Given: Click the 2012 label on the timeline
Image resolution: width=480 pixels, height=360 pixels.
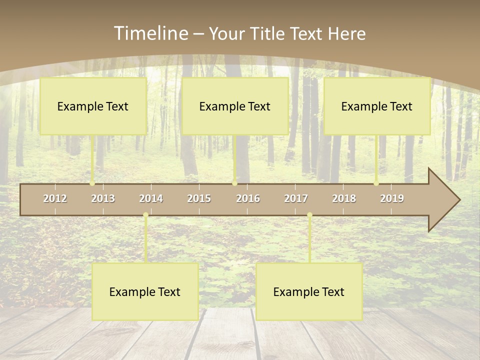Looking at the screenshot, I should (x=55, y=198).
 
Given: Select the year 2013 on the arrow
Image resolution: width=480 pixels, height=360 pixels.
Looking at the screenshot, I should (x=103, y=198).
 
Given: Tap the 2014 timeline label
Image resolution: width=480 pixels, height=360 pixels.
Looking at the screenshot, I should (x=151, y=198).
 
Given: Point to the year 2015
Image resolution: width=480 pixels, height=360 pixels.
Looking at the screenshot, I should (x=199, y=198).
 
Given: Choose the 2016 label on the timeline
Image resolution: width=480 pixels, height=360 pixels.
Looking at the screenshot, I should (x=248, y=198).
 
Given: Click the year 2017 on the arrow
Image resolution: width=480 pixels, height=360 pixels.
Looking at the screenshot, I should (x=296, y=198).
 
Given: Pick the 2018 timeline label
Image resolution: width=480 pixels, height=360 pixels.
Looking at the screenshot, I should (x=344, y=198).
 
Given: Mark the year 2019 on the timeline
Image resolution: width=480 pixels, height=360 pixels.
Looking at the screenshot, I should (x=392, y=198).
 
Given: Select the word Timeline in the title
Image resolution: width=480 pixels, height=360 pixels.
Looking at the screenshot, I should (x=150, y=33).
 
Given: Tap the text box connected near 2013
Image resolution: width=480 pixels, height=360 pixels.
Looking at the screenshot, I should (x=93, y=106).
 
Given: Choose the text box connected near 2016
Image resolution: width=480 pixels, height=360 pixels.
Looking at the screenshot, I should (x=235, y=106).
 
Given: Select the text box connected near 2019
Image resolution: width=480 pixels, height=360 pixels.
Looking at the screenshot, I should (x=377, y=106).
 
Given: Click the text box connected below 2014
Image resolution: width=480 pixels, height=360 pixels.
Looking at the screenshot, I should (x=145, y=291).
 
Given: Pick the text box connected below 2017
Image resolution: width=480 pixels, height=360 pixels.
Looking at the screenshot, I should (x=309, y=291).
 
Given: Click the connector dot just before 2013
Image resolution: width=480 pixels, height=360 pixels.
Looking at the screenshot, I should (x=92, y=183).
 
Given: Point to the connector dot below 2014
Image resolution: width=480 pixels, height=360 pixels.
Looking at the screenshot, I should (x=145, y=215).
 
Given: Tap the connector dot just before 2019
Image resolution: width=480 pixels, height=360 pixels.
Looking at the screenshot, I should (x=376, y=183).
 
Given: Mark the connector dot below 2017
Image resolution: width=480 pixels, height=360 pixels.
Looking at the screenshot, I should (x=309, y=215).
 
